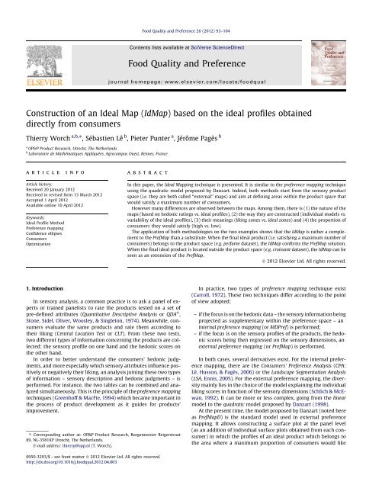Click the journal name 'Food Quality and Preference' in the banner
(183, 43)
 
